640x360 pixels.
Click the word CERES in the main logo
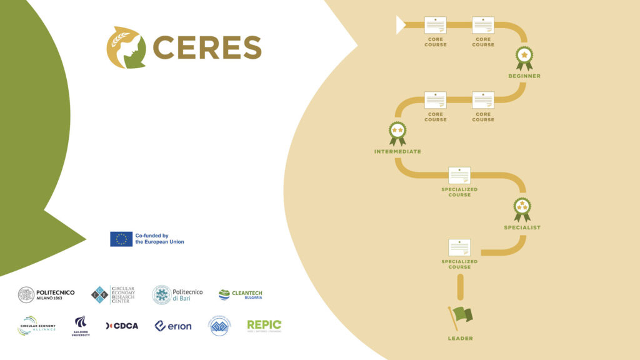[207, 47]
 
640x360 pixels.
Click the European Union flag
[121, 239]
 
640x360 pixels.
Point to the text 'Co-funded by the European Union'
[160, 239]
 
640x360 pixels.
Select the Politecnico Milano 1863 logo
[46, 294]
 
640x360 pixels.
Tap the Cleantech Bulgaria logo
[241, 294]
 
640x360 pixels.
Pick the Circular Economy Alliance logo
[37, 326]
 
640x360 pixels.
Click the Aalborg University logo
[81, 326]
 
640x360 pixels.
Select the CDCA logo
[122, 326]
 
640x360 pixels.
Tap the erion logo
[173, 326]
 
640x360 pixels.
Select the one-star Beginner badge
[524, 57]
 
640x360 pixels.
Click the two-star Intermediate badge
[397, 132]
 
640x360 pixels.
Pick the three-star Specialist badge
[522, 209]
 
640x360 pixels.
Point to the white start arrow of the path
[401, 25]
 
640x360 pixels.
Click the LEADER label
[460, 339]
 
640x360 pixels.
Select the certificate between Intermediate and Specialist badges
[459, 175]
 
